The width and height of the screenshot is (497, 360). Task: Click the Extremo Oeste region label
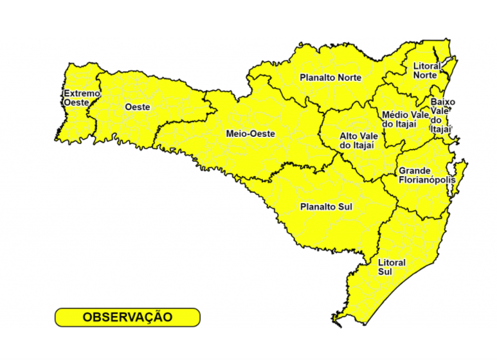click(82, 98)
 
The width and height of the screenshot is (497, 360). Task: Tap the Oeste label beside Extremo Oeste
click(138, 107)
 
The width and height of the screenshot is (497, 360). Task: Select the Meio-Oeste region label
click(251, 134)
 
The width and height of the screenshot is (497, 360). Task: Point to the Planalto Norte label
click(330, 78)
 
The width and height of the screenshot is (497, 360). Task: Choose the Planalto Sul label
click(326, 207)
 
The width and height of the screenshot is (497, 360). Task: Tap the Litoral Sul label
click(392, 267)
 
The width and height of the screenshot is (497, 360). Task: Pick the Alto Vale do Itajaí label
click(357, 141)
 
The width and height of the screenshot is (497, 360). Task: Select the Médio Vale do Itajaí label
click(404, 119)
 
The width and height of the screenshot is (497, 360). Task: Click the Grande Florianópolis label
click(426, 175)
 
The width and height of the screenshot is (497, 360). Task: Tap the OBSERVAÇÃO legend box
click(127, 317)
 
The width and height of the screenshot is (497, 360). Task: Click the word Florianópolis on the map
click(426, 180)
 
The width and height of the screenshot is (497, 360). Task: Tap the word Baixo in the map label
click(443, 102)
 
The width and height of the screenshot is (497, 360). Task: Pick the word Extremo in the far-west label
click(82, 93)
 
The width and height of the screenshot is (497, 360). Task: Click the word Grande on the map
click(415, 171)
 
